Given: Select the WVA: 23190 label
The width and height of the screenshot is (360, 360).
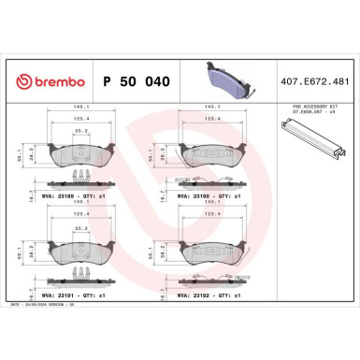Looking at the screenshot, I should (x=202, y=196).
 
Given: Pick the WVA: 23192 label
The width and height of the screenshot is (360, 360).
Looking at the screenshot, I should (x=202, y=295).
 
